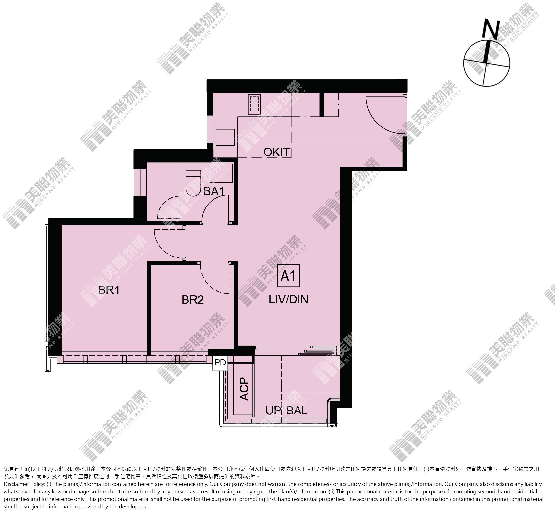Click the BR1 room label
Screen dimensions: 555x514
(x=109, y=290)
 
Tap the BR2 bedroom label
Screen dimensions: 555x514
(x=193, y=300)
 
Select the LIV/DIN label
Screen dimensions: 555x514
(x=289, y=299)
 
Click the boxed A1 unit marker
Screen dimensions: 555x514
(x=289, y=275)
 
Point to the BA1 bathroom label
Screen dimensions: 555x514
(x=214, y=191)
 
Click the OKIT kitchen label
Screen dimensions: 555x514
(x=277, y=152)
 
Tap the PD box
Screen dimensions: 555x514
(x=220, y=363)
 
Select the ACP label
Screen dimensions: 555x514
(x=244, y=389)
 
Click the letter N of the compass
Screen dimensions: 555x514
(x=491, y=29)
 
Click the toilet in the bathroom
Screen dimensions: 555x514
(x=193, y=183)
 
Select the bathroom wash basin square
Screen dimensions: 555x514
(x=221, y=173)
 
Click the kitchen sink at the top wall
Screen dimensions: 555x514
(x=254, y=104)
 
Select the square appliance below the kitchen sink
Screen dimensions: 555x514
(x=225, y=137)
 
